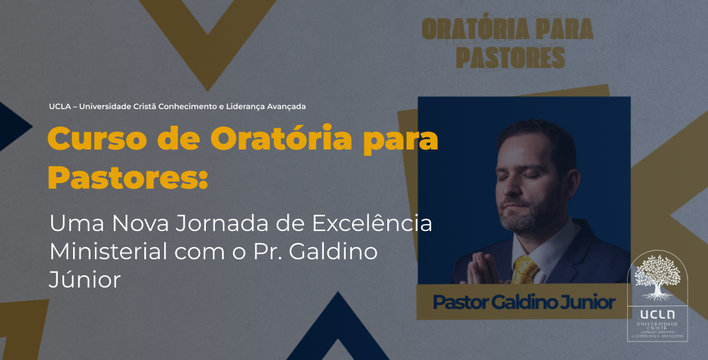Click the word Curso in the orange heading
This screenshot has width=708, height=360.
[97, 139]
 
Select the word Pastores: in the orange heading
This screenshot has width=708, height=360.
[128, 177]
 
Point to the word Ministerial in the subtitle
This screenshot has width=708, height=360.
[108, 251]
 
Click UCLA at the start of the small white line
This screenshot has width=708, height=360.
[60, 107]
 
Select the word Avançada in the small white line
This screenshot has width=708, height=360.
[286, 107]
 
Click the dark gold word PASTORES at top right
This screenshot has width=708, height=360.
[510, 58]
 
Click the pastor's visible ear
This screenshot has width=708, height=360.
[572, 186]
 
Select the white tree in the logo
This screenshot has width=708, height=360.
[657, 277]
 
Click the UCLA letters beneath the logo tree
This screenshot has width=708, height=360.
[657, 314]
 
